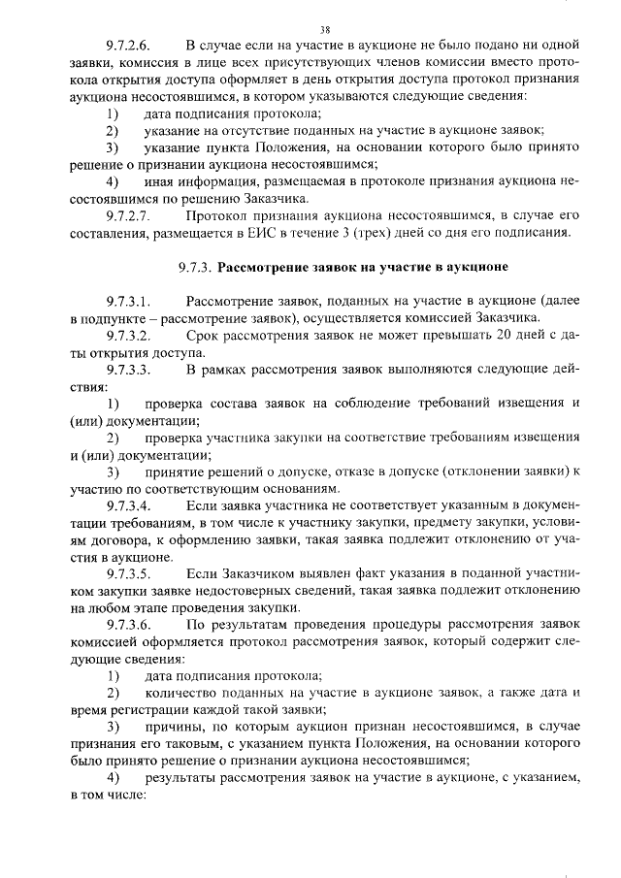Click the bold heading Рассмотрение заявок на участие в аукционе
point(363,265)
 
